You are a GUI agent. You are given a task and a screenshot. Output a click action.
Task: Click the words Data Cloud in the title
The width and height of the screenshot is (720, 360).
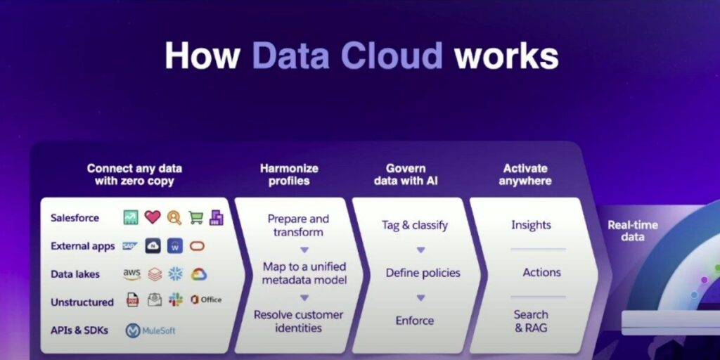tap(347, 56)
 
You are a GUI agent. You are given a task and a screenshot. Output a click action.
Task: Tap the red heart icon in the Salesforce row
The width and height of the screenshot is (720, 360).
tap(153, 217)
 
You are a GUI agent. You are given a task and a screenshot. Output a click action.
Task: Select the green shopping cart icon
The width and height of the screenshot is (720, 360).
tap(196, 218)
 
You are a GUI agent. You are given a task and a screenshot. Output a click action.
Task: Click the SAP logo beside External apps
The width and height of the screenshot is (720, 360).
tap(130, 246)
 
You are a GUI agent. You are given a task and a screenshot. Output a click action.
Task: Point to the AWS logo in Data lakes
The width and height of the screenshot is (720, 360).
tap(131, 274)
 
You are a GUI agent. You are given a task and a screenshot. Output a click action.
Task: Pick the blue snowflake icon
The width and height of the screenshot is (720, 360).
tap(175, 274)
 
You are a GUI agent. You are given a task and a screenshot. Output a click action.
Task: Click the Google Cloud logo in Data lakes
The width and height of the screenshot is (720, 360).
tap(199, 274)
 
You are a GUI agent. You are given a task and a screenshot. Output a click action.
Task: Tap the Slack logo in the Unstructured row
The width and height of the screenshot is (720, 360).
tap(175, 300)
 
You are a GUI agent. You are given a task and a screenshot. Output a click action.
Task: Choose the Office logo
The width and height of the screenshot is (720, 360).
tap(206, 300)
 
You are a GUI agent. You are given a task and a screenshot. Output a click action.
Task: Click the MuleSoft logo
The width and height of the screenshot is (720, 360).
tap(150, 330)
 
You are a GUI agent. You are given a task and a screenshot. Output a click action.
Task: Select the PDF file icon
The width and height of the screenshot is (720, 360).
tap(133, 300)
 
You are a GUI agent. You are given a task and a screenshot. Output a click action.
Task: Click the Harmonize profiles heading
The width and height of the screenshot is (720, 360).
tap(289, 174)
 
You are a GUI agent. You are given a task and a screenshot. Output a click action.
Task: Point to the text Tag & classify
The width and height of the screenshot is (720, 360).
tap(415, 226)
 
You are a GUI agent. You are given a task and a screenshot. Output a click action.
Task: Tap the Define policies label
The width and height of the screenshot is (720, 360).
tap(423, 273)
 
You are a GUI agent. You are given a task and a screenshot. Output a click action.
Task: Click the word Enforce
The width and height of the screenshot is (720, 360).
tap(415, 320)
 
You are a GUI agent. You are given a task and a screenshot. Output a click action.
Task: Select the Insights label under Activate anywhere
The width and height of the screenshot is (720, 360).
tap(531, 225)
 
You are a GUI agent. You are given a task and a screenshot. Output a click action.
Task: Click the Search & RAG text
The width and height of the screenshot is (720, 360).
tap(531, 321)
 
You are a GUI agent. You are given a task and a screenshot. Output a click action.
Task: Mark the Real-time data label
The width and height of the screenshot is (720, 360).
tap(632, 231)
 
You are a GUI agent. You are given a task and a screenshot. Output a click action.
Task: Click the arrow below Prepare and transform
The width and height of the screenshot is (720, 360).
tap(304, 250)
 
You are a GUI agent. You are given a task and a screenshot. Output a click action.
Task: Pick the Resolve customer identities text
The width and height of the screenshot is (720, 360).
tap(298, 321)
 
